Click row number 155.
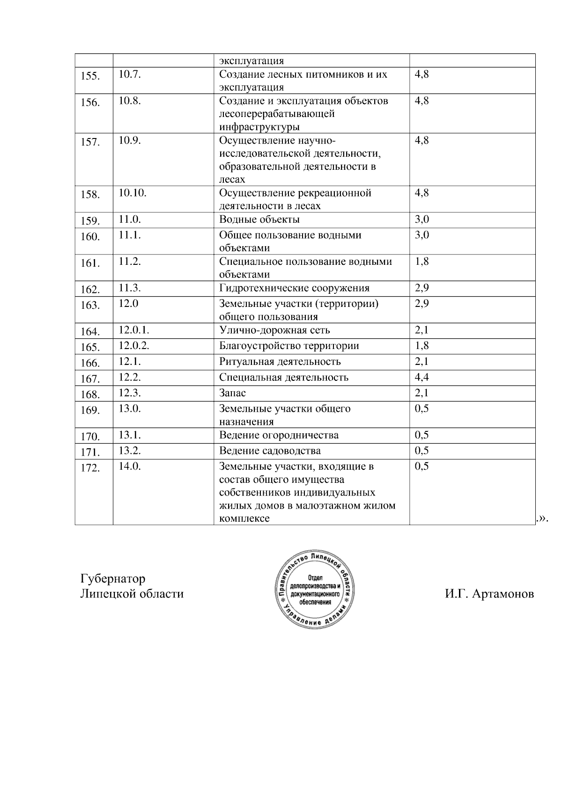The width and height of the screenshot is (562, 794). click(x=90, y=76)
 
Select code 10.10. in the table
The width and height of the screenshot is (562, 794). click(x=132, y=193)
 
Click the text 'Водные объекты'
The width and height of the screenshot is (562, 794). click(x=259, y=219)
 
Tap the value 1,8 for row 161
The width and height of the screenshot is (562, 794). click(x=421, y=262)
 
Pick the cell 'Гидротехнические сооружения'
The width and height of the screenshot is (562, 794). click(x=294, y=288)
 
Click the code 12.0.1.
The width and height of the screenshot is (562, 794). click(x=133, y=330)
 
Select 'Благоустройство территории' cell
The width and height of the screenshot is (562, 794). click(x=289, y=346)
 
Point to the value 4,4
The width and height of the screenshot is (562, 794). click(x=421, y=377)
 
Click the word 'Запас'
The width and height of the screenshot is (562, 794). click(x=232, y=393)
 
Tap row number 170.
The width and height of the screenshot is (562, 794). click(x=90, y=437)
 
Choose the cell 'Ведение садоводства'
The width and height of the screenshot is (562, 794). click(x=270, y=451)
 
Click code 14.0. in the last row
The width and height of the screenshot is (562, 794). click(x=129, y=466)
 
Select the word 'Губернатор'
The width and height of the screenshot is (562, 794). click(x=112, y=579)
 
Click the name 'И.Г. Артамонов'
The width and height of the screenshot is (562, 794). click(x=489, y=594)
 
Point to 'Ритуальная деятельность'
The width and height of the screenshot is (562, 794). click(x=280, y=362)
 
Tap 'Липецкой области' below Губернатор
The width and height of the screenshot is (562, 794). click(x=132, y=594)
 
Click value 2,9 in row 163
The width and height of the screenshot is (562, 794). click(x=421, y=304)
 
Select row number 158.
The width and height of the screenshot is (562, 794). click(x=90, y=195)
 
